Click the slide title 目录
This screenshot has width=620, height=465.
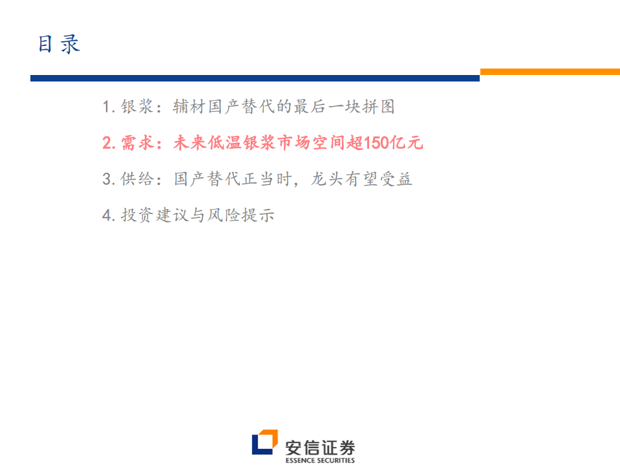tap(59, 44)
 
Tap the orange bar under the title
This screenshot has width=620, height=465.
tap(550, 72)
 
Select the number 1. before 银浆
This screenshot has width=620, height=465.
tap(109, 107)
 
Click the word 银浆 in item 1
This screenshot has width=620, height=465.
tap(137, 107)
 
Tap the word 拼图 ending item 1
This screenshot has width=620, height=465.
tap(378, 107)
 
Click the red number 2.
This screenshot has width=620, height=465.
tap(109, 143)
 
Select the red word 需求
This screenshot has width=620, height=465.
tap(137, 143)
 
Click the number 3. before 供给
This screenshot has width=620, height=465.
tap(109, 179)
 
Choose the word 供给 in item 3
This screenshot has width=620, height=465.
tap(137, 179)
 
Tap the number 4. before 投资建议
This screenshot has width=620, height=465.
tap(109, 215)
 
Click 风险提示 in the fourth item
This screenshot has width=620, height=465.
tap(241, 215)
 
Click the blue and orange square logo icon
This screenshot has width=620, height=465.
tap(264, 443)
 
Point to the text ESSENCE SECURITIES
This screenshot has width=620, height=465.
tap(320, 460)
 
